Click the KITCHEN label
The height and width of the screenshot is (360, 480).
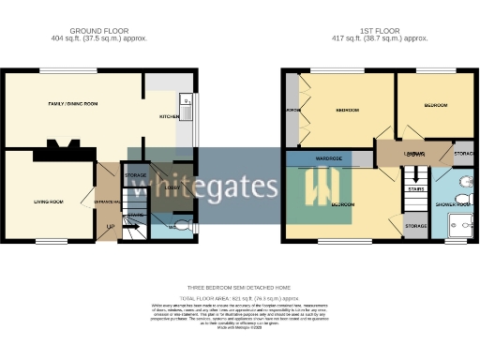pos(169,116)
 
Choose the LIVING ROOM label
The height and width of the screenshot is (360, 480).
pos(49,202)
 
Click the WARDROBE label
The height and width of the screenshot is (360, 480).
pos(327,158)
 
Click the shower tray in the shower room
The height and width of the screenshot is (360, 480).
pos(459,224)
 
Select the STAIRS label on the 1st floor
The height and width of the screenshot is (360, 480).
pos(415,188)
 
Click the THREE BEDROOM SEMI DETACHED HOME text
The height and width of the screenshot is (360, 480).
pos(240,288)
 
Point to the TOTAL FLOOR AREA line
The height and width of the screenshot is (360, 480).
pos(240,297)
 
